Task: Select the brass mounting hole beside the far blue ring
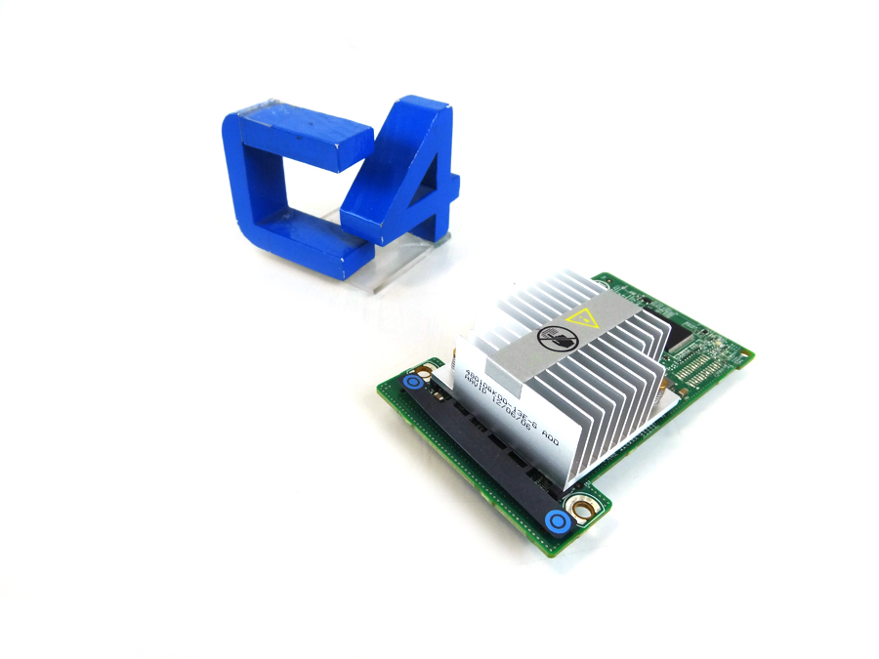tap(427, 369)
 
